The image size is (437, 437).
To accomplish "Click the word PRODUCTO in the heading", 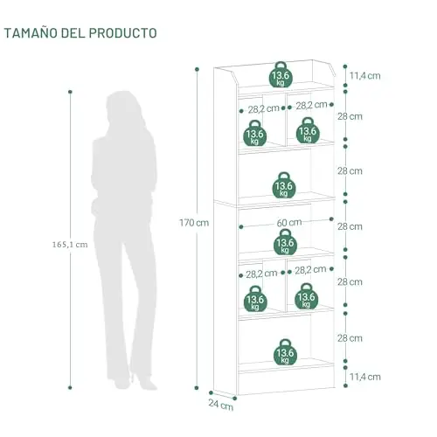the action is coord(122,33).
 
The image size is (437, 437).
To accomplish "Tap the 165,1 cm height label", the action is coord(70,245).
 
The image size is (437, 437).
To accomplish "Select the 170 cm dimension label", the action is coord(194,223).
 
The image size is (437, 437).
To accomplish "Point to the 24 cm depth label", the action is coord(221,405).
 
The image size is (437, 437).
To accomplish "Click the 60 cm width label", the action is coord(289,223).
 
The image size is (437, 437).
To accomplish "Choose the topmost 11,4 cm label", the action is coord(365,76).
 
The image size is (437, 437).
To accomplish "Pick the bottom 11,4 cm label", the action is coord(365,377).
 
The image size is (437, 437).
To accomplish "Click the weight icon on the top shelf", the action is coord(281,74).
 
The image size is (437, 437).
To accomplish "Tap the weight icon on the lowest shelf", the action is coord(285,352).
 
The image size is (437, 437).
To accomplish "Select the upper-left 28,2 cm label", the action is coord(263,109).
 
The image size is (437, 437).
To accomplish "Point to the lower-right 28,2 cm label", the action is coord(310,270).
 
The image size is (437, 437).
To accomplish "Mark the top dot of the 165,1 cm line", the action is coord(70,92).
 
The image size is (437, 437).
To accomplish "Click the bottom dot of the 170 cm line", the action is coord(197,388).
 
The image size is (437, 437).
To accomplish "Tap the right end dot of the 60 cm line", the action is coord(331,218).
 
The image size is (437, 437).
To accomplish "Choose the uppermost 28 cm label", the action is coord(350,116).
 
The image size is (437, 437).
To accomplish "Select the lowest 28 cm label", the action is coord(350,338).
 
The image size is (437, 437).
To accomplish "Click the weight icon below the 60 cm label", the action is coord(286,242).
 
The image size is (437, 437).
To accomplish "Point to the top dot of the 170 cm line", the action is coord(197,69).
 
